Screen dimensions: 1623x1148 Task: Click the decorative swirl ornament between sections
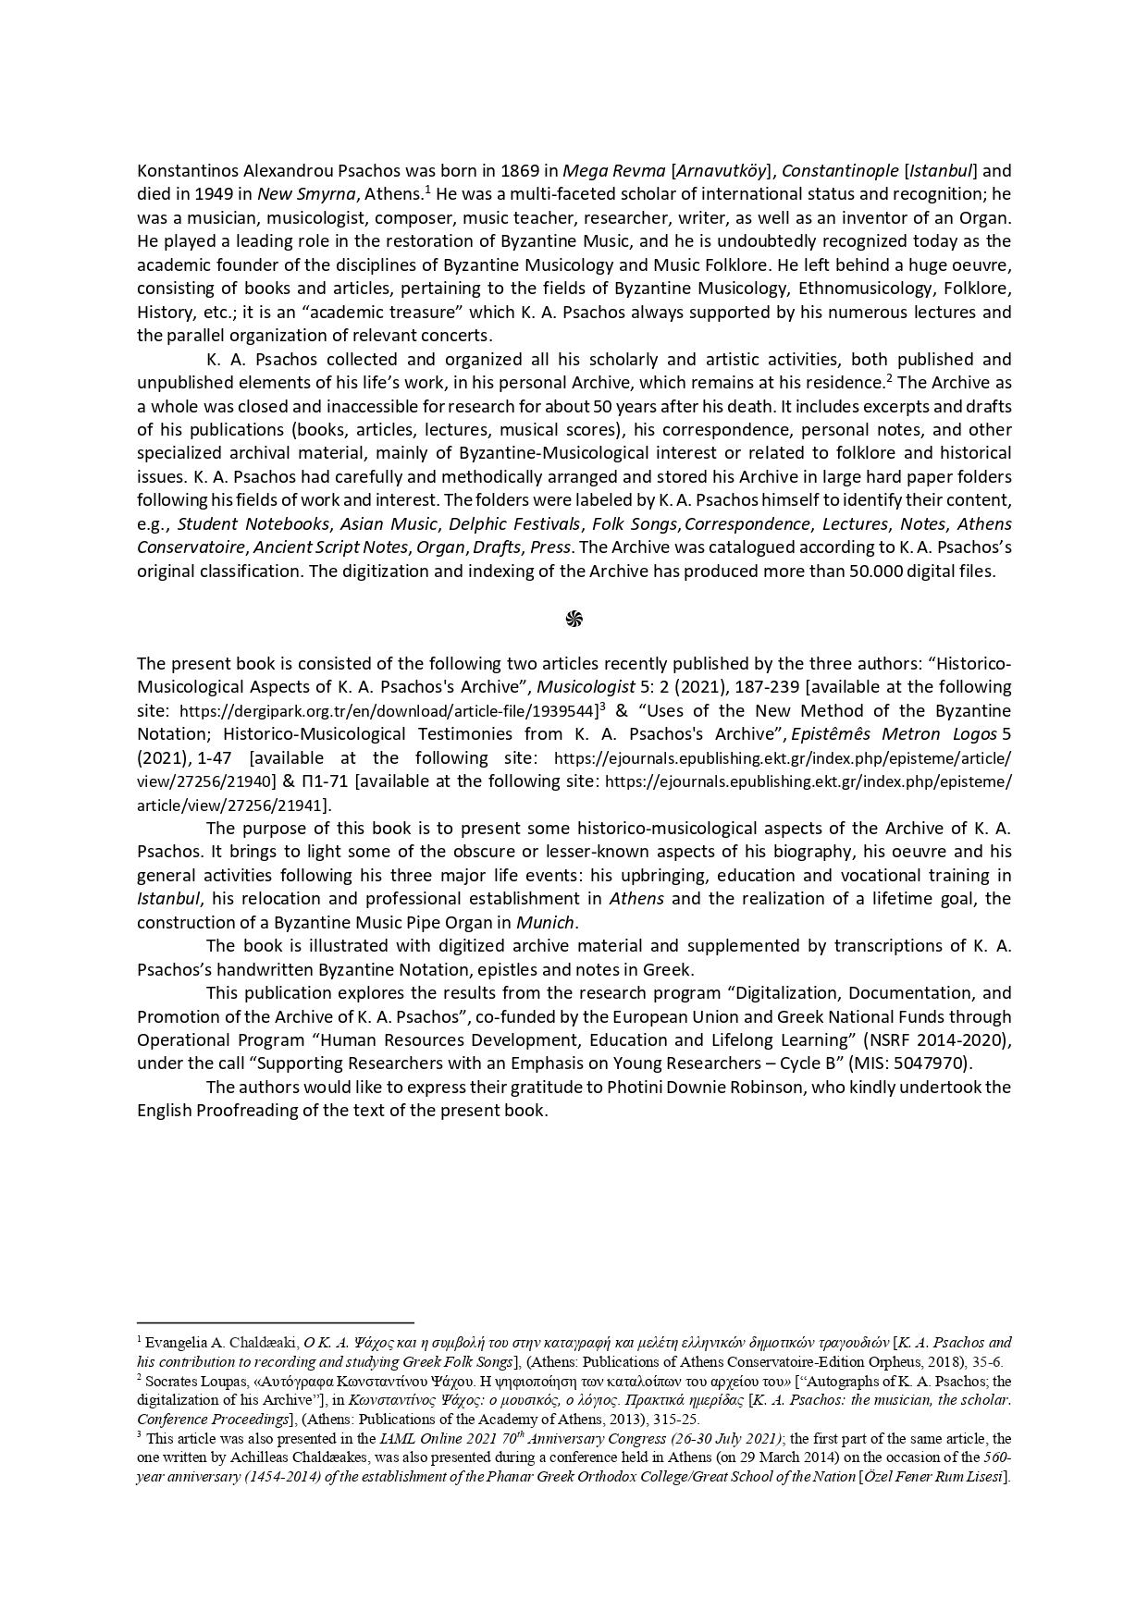click(x=574, y=619)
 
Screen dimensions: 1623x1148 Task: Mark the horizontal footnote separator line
click(x=275, y=1323)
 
